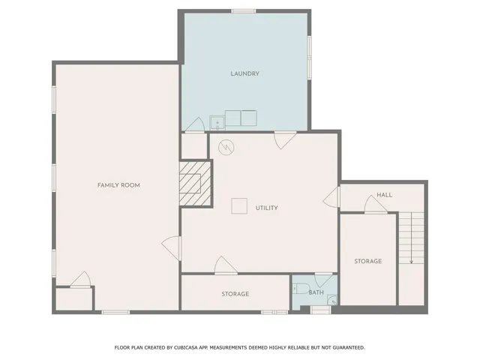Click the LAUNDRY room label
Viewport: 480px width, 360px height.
click(x=245, y=73)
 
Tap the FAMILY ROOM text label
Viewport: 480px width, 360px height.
click(x=118, y=185)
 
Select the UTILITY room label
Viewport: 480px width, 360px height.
click(x=267, y=208)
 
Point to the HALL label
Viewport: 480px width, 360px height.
click(x=384, y=194)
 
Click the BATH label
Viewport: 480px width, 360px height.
click(x=316, y=292)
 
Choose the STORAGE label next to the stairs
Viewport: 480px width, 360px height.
click(x=367, y=261)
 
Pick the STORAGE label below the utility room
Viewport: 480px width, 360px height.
click(x=235, y=294)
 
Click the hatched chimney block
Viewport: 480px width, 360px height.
click(x=195, y=183)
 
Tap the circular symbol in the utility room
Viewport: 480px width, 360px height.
click(x=226, y=147)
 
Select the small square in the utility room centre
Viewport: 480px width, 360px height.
click(x=239, y=205)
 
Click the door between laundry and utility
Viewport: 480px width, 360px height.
click(x=284, y=139)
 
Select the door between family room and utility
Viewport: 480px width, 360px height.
click(x=172, y=247)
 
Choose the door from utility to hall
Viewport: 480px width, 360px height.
click(x=332, y=197)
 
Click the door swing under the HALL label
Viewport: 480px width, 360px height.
click(x=375, y=205)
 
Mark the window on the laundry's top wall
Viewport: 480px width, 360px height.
click(x=243, y=10)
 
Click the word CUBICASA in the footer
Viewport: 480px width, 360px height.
click(x=190, y=347)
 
